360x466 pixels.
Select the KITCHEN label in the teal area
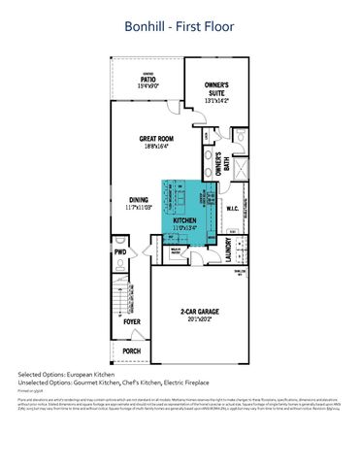[x=184, y=220]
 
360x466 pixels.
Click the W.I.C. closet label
[x=233, y=208]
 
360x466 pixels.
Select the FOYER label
[x=131, y=316]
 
